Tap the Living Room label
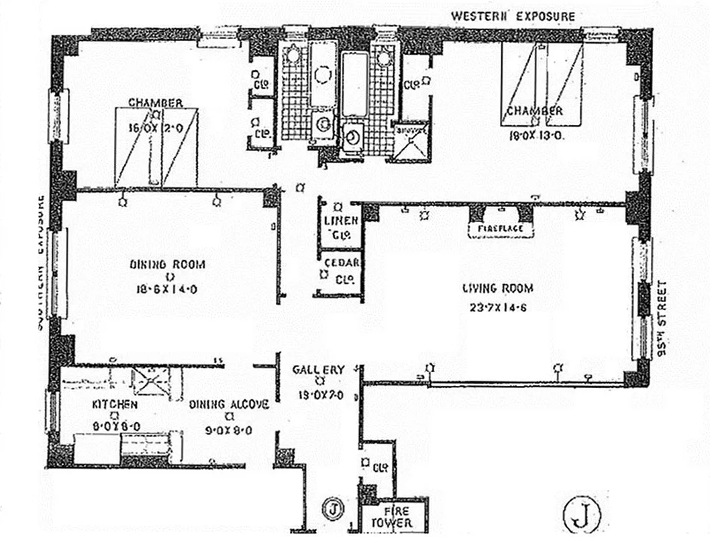click(498, 289)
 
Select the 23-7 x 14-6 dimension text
click(498, 310)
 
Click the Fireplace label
click(501, 230)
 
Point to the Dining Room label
click(167, 264)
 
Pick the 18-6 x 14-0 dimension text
click(167, 290)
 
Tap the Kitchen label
click(115, 405)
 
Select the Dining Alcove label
click(229, 405)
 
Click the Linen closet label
click(342, 221)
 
